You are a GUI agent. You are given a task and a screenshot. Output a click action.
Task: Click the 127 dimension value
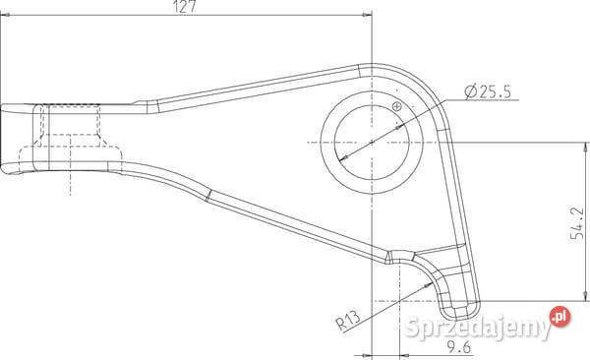(185, 7)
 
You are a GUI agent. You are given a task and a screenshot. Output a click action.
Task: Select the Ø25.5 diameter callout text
(488, 91)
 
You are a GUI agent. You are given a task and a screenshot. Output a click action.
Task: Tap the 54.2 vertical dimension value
(577, 223)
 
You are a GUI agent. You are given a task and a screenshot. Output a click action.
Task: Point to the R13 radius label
(348, 320)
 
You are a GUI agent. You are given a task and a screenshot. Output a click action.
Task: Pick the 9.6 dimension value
(458, 347)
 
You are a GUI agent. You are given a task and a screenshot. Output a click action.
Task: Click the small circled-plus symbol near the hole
(397, 106)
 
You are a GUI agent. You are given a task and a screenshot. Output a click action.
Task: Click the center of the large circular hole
(372, 143)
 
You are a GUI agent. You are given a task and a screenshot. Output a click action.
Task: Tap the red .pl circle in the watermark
(560, 317)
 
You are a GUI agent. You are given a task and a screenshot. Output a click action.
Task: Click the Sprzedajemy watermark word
(478, 328)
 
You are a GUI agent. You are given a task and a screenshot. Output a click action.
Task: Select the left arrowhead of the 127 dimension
(5, 15)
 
